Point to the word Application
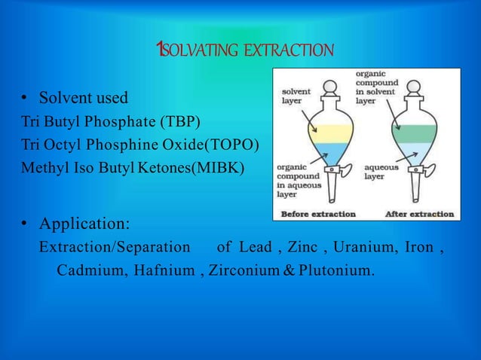coord(84,224)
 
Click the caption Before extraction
coord(318,214)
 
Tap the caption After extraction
coord(420,214)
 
